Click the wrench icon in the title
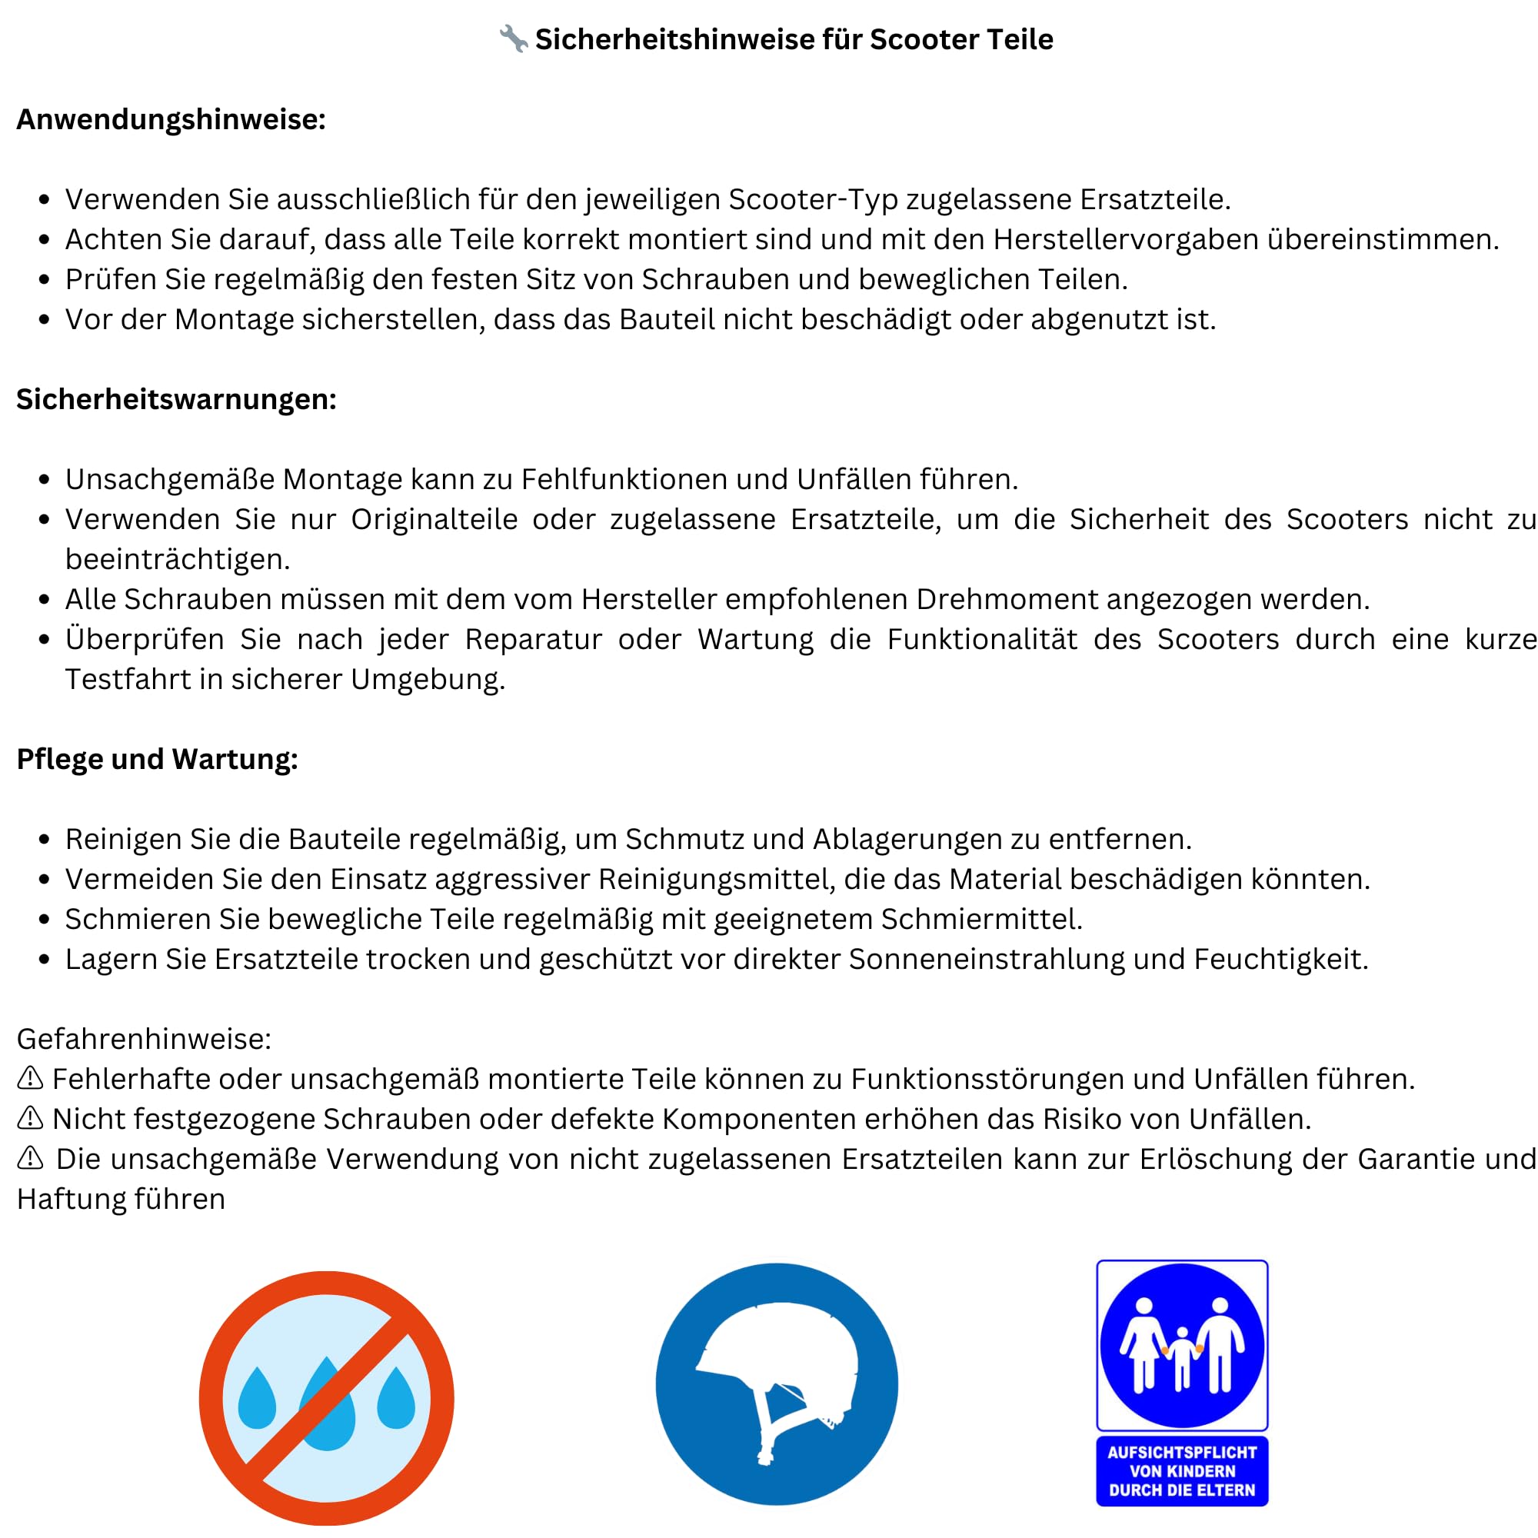(x=514, y=38)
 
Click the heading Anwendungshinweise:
(x=171, y=119)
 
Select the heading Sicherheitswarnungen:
(x=176, y=399)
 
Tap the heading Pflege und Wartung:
(x=157, y=759)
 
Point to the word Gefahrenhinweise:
(x=144, y=1039)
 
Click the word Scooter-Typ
(x=813, y=200)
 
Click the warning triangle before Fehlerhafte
(x=30, y=1079)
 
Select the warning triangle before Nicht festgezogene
(x=30, y=1118)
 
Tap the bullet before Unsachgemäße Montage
(x=45, y=480)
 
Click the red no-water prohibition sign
(x=326, y=1398)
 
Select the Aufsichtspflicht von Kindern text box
(x=1181, y=1471)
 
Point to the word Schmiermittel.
(x=980, y=920)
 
